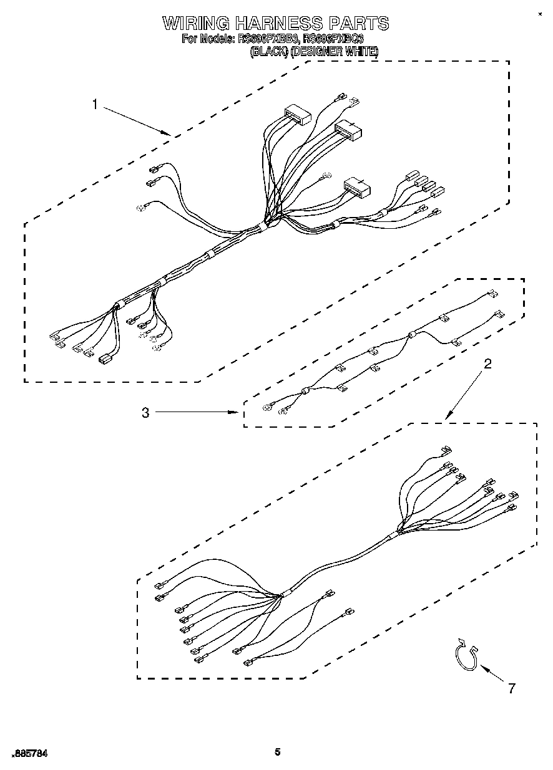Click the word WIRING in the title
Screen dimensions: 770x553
tap(195, 24)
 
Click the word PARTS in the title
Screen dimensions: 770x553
tap(356, 24)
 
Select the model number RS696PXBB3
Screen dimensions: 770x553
tap(268, 39)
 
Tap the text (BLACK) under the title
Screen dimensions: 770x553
tap(269, 52)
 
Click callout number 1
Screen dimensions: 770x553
tap(95, 105)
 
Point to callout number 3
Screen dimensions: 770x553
tap(145, 413)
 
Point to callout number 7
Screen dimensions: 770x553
tap(512, 689)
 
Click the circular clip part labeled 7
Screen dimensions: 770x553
tap(465, 657)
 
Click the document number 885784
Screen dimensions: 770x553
tap(30, 754)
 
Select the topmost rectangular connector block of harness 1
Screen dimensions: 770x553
tap(297, 116)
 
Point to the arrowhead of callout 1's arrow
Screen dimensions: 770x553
tap(169, 133)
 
